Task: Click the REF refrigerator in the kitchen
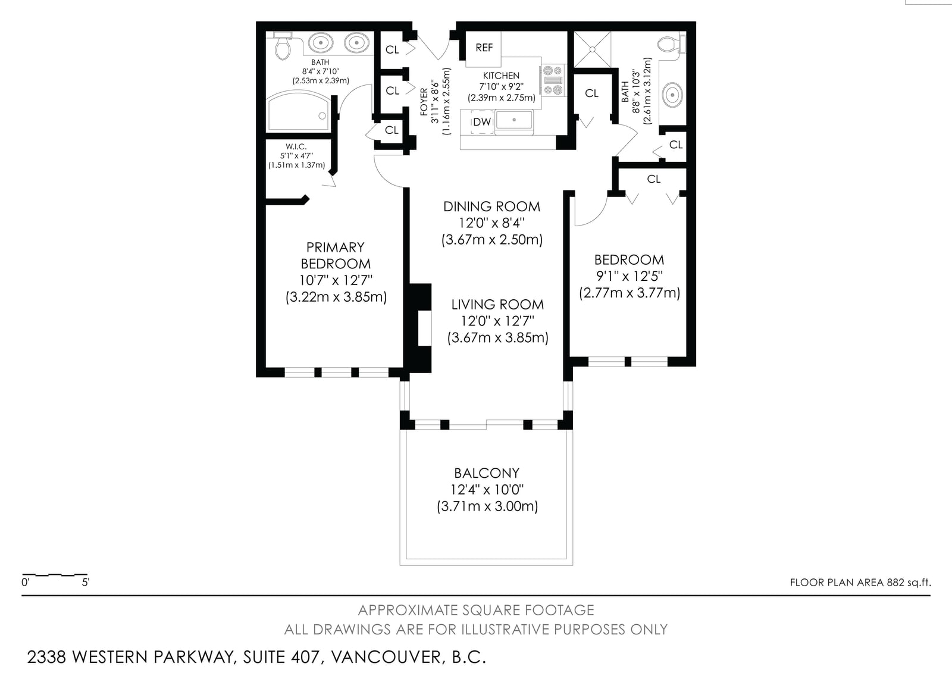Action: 483,48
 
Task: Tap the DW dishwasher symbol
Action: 482,122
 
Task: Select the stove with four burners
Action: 553,80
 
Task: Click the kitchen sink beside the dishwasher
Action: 514,120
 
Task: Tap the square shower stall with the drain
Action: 593,49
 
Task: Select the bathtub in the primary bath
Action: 298,111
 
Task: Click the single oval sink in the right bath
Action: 672,95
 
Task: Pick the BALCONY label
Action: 487,473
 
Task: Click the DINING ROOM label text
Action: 491,206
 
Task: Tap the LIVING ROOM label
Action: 497,305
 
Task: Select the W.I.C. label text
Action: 296,146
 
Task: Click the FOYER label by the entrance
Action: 424,102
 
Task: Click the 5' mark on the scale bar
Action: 86,582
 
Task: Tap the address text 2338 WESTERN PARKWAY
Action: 131,658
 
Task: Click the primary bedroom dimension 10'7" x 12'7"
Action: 336,280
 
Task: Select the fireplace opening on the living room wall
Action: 425,328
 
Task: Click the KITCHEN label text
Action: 501,76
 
